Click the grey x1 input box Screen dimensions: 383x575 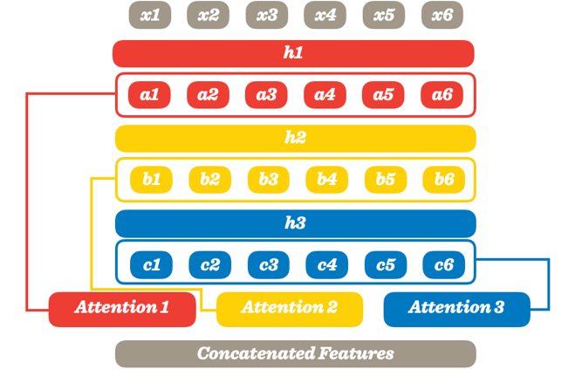(150, 15)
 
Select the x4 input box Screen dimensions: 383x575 (325, 15)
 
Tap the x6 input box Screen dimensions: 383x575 (442, 15)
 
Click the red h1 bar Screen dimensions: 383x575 (293, 53)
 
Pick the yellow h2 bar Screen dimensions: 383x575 (295, 138)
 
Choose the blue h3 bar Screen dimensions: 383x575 (295, 223)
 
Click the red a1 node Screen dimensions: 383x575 (150, 95)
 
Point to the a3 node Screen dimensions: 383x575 (266, 95)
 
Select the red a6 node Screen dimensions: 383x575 (442, 95)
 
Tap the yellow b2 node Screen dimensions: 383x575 (209, 180)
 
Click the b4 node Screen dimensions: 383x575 (326, 180)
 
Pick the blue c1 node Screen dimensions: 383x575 (152, 264)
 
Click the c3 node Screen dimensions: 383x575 (268, 264)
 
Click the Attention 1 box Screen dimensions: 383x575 (122, 308)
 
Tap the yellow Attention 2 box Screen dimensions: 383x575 (289, 308)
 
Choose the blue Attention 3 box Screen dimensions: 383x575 (456, 308)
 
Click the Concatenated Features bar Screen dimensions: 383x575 (295, 353)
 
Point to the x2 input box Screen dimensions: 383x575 (209, 15)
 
